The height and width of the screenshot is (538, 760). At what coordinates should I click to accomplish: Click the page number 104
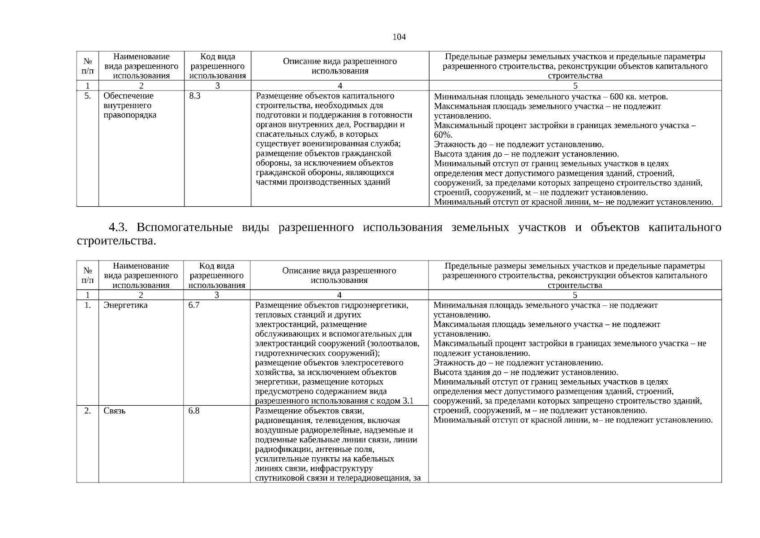[399, 37]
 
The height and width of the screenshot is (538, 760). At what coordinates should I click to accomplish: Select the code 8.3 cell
[195, 96]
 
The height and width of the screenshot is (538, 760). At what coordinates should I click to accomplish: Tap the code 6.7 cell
[194, 305]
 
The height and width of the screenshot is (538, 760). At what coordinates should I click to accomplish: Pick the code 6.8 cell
[194, 411]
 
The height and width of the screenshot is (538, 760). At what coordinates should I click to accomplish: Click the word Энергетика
[125, 305]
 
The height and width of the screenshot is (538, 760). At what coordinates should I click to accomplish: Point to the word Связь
[115, 411]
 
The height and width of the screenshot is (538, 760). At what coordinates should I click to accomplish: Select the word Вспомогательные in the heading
[185, 227]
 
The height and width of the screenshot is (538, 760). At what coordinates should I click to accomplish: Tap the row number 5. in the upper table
[88, 96]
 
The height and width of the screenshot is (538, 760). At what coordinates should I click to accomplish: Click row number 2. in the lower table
[88, 411]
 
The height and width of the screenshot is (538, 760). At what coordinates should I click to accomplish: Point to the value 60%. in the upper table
[443, 135]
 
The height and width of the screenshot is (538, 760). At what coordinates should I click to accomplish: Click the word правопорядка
[129, 115]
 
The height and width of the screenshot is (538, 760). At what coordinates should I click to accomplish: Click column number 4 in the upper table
[340, 86]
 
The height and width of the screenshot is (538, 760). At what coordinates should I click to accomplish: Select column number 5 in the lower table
[575, 295]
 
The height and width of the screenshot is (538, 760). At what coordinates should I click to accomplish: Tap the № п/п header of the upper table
[88, 66]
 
